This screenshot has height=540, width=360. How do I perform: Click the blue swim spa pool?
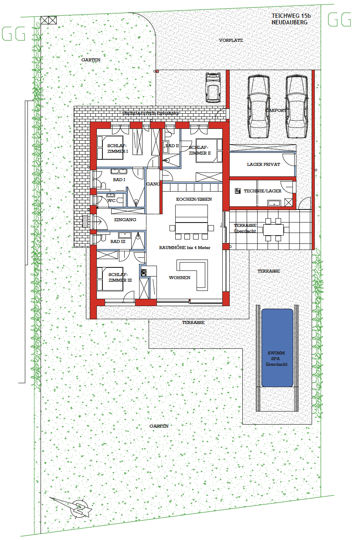(x=277, y=348)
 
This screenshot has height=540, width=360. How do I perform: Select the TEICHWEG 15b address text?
(x=291, y=16)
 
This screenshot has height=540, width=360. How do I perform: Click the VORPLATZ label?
(x=231, y=40)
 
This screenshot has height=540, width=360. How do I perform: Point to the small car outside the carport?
(x=213, y=87)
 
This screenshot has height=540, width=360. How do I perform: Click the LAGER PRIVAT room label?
(x=263, y=165)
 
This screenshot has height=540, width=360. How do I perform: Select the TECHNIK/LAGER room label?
(x=262, y=191)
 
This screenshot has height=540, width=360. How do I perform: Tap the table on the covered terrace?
(x=273, y=230)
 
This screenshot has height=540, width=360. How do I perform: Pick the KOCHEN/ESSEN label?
(x=194, y=199)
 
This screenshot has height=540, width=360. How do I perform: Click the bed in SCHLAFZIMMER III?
(x=110, y=279)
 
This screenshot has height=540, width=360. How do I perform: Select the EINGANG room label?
(x=125, y=219)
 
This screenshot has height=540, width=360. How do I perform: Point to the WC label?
(x=112, y=201)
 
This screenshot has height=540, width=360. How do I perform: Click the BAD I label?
(x=119, y=179)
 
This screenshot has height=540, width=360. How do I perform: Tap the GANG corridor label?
(x=153, y=184)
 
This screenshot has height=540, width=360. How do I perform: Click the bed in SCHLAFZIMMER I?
(x=110, y=148)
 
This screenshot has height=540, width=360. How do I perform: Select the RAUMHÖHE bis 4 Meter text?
(x=185, y=248)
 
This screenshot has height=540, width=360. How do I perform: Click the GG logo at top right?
(x=339, y=19)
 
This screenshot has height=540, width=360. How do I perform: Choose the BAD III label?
(x=118, y=241)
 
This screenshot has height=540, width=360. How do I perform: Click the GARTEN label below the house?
(x=159, y=426)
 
